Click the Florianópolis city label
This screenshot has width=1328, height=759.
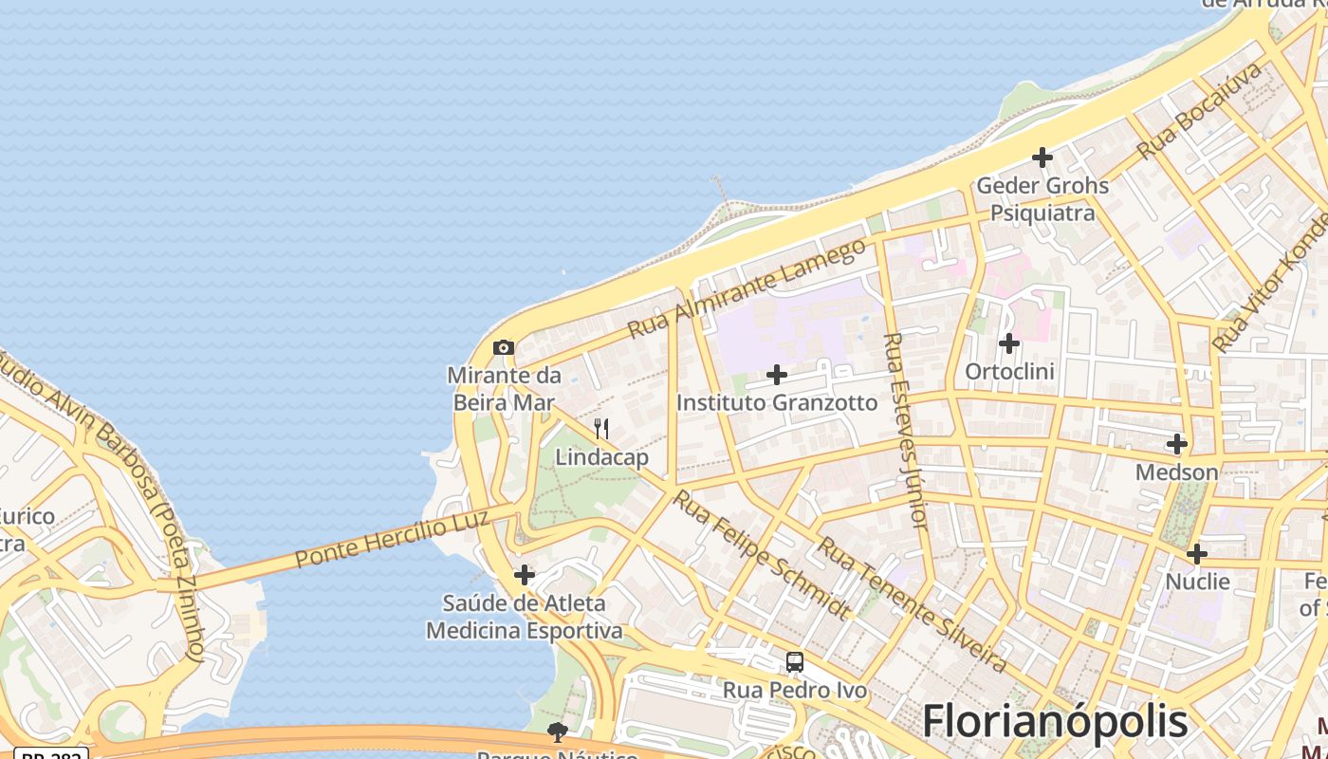(x=1055, y=722)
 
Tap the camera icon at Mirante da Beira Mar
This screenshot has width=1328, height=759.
(x=504, y=348)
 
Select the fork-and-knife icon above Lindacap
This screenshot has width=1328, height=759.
(x=601, y=429)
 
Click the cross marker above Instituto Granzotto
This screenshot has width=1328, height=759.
(x=777, y=375)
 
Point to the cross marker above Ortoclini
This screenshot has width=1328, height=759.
(x=1009, y=342)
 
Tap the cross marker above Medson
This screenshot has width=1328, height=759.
(x=1177, y=443)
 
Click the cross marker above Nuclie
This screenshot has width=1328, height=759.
(x=1197, y=553)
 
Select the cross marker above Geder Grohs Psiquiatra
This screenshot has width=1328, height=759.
(x=1042, y=157)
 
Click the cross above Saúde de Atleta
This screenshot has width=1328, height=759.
(x=525, y=575)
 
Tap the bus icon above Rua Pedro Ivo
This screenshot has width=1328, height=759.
(x=795, y=662)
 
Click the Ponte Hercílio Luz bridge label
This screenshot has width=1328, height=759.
(x=392, y=539)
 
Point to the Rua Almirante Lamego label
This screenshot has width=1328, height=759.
(x=747, y=288)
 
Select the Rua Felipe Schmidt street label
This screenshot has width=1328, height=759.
(x=761, y=554)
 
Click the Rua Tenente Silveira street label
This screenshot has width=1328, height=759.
(x=912, y=604)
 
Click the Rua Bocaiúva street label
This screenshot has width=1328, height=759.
(x=1200, y=110)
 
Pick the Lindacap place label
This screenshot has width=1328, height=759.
(x=601, y=457)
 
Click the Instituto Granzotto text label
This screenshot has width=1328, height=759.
(x=777, y=402)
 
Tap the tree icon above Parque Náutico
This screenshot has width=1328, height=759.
(x=558, y=731)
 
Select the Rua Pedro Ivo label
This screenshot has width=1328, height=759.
(x=795, y=690)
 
